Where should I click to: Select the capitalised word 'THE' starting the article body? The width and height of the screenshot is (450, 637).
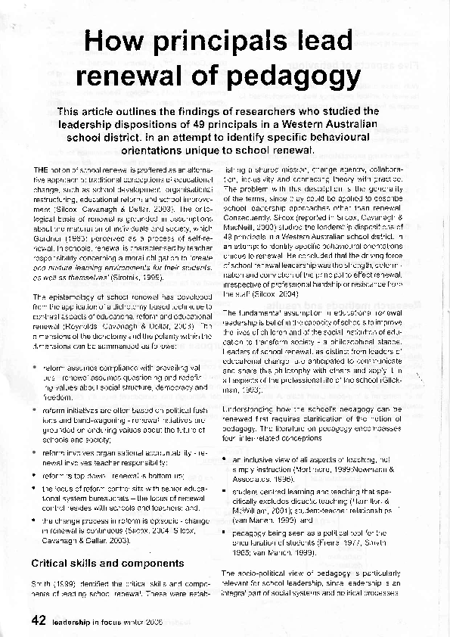pyautogui.click(x=42, y=167)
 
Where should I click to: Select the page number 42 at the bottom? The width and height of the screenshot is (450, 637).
pyautogui.click(x=39, y=620)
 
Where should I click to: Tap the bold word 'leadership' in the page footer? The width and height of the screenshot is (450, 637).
pyautogui.click(x=75, y=622)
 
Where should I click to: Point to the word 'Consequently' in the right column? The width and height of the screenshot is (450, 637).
pyautogui.click(x=253, y=217)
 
